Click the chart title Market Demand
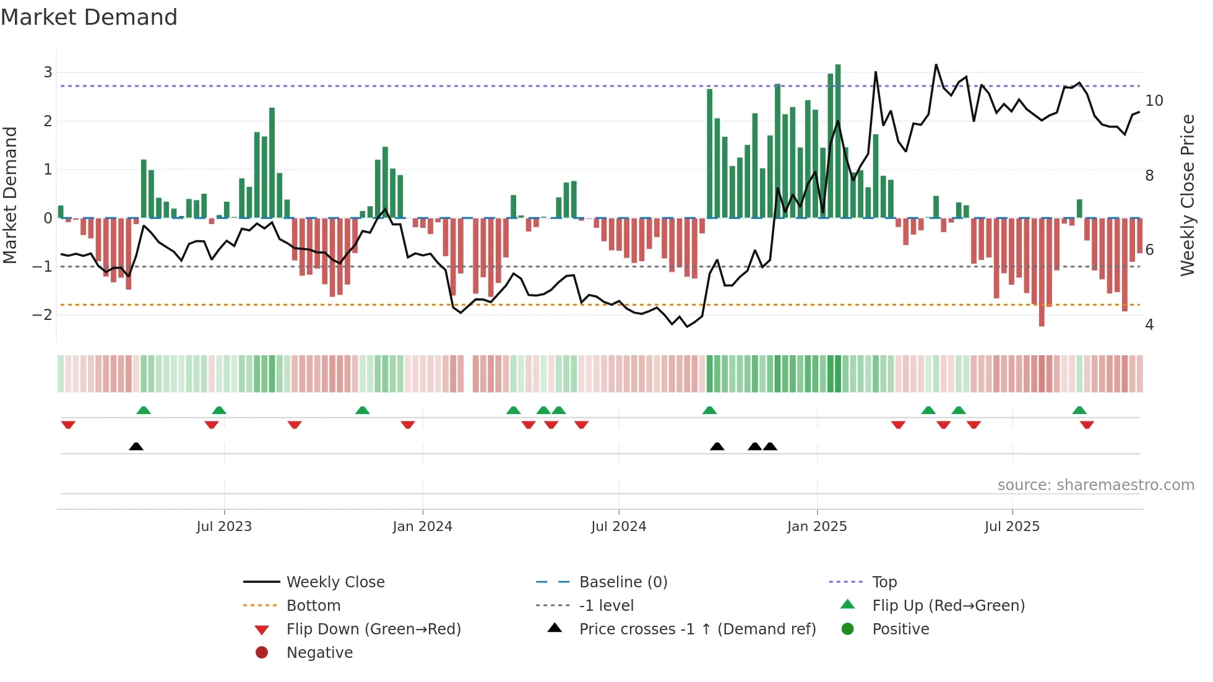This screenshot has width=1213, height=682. coord(89,17)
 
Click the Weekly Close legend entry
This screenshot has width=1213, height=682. coord(335,582)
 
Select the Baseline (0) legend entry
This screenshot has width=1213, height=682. coord(623,582)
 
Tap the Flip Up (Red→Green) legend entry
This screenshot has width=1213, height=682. coord(948,606)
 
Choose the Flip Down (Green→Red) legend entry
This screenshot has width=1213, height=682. coord(373,629)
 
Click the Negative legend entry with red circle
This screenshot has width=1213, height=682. coord(319,653)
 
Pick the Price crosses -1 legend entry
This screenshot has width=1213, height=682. coord(697,629)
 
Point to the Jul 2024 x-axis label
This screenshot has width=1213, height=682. coord(618,527)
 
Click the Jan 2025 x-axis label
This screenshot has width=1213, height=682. coord(816,527)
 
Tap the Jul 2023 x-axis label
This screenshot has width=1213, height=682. coord(224,527)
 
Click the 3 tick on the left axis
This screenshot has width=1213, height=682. coord(48,72)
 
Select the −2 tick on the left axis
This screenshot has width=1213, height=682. coord(43,315)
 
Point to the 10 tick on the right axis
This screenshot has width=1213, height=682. coord(1154,101)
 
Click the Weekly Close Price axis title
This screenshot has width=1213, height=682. coord(1187,195)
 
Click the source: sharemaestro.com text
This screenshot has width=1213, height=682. coord(1095,485)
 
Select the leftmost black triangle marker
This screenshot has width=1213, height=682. coord(136,446)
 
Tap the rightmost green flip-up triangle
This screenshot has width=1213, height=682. coord(1079,410)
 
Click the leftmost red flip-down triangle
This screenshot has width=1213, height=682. coord(68,425)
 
